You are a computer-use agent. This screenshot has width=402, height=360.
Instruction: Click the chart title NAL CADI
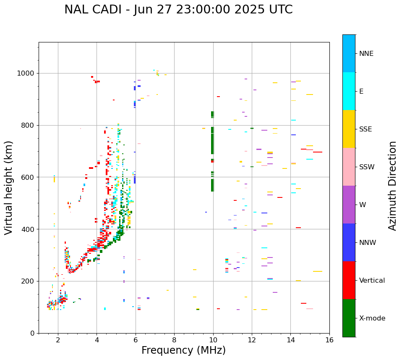pyautogui.click(x=178, y=10)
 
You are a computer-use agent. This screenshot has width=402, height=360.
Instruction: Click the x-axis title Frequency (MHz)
pyautogui.click(x=183, y=350)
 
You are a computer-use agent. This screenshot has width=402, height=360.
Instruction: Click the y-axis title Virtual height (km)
pyautogui.click(x=9, y=188)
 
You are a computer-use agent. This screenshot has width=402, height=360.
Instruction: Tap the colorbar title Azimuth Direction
pyautogui.click(x=392, y=186)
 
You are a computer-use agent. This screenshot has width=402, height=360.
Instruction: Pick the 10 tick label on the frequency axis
pyautogui.click(x=213, y=339)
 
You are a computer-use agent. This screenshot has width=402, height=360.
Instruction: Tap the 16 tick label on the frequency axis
pyautogui.click(x=329, y=339)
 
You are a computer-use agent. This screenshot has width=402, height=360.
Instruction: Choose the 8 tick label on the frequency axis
pyautogui.click(x=174, y=339)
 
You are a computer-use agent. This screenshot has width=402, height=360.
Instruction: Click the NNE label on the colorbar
pyautogui.click(x=366, y=54)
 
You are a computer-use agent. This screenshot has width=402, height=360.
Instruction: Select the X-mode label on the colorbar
pyautogui.click(x=372, y=318)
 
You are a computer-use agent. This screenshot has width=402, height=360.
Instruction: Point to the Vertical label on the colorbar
pyautogui.click(x=372, y=281)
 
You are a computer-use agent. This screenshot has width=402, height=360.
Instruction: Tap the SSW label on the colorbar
pyautogui.click(x=367, y=167)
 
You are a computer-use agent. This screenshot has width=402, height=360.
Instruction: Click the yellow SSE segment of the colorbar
pyautogui.click(x=349, y=129)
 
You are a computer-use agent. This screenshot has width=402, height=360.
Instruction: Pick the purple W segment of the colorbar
pyautogui.click(x=349, y=205)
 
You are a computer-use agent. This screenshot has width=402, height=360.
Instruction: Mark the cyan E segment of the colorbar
pyautogui.click(x=349, y=91)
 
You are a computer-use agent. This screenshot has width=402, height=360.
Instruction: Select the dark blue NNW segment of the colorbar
pyautogui.click(x=349, y=242)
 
